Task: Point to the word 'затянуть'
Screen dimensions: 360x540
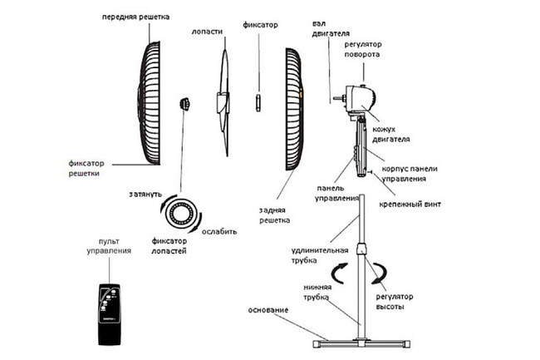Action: [146, 194]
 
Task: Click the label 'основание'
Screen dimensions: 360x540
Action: [268, 310]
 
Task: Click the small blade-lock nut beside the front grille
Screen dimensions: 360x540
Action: [184, 104]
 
